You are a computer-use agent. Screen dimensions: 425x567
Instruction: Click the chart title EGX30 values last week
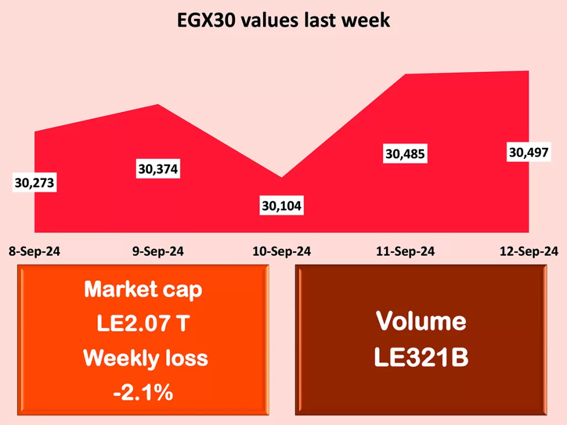(283, 20)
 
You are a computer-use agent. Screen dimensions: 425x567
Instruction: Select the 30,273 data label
(34, 183)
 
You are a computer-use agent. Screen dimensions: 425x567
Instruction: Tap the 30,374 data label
(158, 169)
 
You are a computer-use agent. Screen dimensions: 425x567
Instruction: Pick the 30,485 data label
(405, 153)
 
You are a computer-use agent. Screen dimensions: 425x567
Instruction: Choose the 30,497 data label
(529, 152)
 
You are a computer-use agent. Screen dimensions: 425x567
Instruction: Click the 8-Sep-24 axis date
(34, 251)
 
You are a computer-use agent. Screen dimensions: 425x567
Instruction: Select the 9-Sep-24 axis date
(158, 251)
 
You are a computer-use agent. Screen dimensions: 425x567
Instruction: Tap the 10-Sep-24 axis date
(281, 251)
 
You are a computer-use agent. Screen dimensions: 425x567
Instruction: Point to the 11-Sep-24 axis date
(405, 251)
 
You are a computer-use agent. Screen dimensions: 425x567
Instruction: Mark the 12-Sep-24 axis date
(529, 251)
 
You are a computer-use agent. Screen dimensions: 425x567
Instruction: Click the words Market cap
(143, 289)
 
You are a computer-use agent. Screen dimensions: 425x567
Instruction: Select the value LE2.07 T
(143, 324)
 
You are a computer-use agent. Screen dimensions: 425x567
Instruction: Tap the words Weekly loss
(145, 358)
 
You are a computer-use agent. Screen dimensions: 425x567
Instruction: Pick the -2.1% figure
(143, 393)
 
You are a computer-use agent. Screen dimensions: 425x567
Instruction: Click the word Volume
(421, 321)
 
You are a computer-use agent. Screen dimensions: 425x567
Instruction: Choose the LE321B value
(421, 357)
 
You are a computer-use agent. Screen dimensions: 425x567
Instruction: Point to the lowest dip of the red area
(282, 178)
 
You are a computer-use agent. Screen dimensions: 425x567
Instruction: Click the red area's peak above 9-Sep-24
(159, 105)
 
